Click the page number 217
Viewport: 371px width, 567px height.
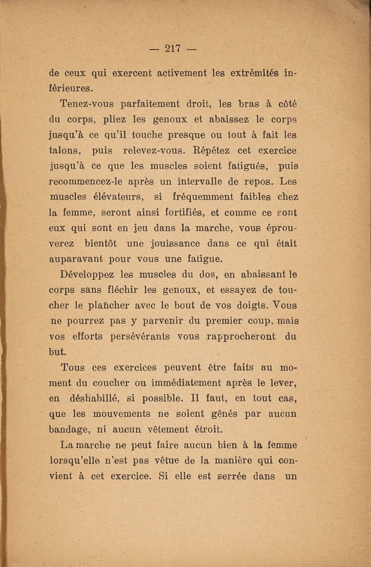pyautogui.click(x=172, y=48)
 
